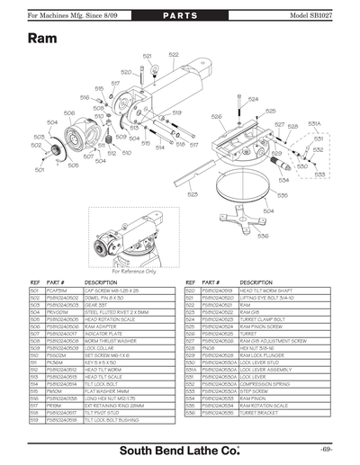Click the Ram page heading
45,40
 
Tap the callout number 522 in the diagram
174,55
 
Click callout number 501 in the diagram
40,169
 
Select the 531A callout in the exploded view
314,123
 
